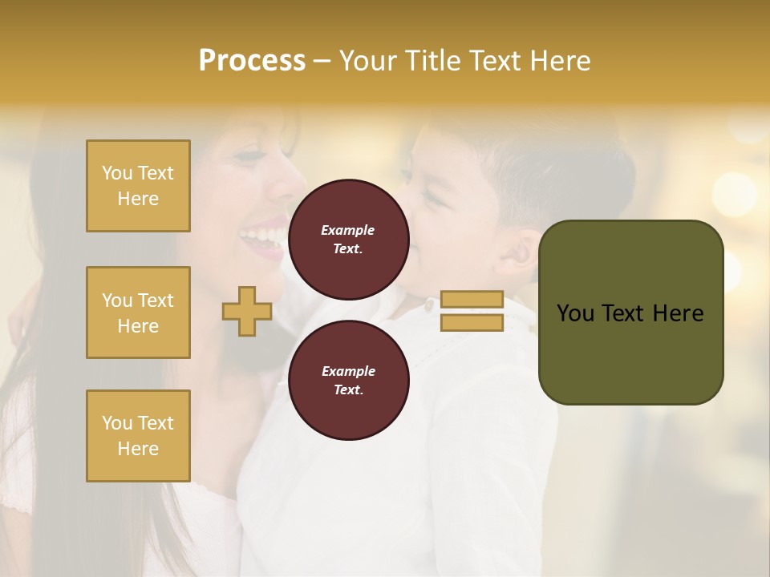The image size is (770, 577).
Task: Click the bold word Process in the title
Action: [x=252, y=61]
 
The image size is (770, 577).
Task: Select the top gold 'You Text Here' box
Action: [x=138, y=186]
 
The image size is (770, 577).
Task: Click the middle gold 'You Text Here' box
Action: [x=138, y=313]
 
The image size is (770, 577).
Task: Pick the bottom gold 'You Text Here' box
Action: [x=138, y=436]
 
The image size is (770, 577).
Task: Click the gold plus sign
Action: [x=247, y=311]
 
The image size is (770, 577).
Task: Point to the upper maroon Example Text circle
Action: [x=348, y=240]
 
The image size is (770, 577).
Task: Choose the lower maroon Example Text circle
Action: [x=348, y=381]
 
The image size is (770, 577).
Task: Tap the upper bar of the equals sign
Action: [x=472, y=299]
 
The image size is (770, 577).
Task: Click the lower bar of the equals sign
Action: [x=472, y=322]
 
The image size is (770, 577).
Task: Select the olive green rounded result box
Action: [x=630, y=313]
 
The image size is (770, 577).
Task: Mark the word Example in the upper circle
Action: [x=348, y=230]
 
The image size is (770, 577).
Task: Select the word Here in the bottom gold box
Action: [x=138, y=449]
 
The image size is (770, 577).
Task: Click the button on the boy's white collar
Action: [x=430, y=305]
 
